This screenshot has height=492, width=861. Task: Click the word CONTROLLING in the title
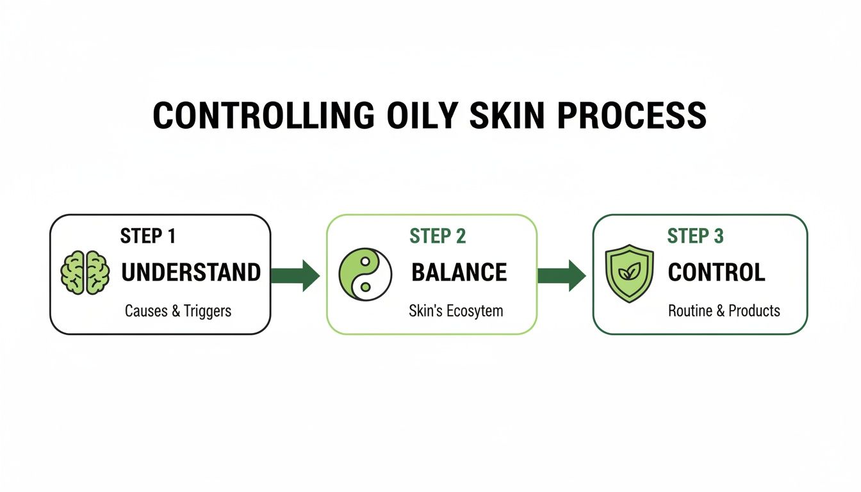pos(263,116)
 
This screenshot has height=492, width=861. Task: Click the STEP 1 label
pos(148,236)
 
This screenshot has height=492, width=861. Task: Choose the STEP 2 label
pos(438,236)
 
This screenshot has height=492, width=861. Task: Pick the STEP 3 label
pos(695,236)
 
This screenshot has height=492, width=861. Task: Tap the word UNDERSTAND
pos(191,273)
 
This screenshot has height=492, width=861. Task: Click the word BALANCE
pos(459,273)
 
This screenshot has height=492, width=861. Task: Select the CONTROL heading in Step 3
pos(716,273)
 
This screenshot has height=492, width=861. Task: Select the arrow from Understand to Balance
pos(295,275)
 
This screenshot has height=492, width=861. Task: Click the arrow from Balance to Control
pos(561,275)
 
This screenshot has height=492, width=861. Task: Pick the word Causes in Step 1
pos(145,311)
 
